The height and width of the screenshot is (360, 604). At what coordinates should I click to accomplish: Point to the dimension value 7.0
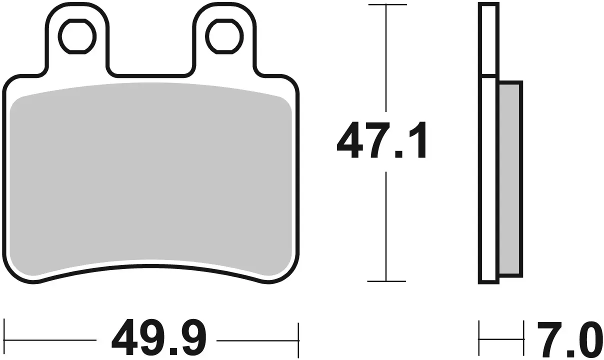(x=567, y=339)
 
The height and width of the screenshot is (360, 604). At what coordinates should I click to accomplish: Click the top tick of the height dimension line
(x=386, y=4)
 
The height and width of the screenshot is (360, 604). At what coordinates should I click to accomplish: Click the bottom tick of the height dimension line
(x=386, y=281)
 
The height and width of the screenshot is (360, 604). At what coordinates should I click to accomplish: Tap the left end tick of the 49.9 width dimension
(x=4, y=339)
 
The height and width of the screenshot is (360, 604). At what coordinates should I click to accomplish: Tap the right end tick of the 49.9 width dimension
(x=298, y=339)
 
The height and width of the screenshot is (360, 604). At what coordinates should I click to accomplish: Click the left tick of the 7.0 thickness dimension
(x=479, y=339)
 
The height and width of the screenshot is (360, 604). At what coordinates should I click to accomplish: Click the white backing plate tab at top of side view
(x=488, y=40)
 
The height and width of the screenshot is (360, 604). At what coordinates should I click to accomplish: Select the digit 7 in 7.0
(x=548, y=339)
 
